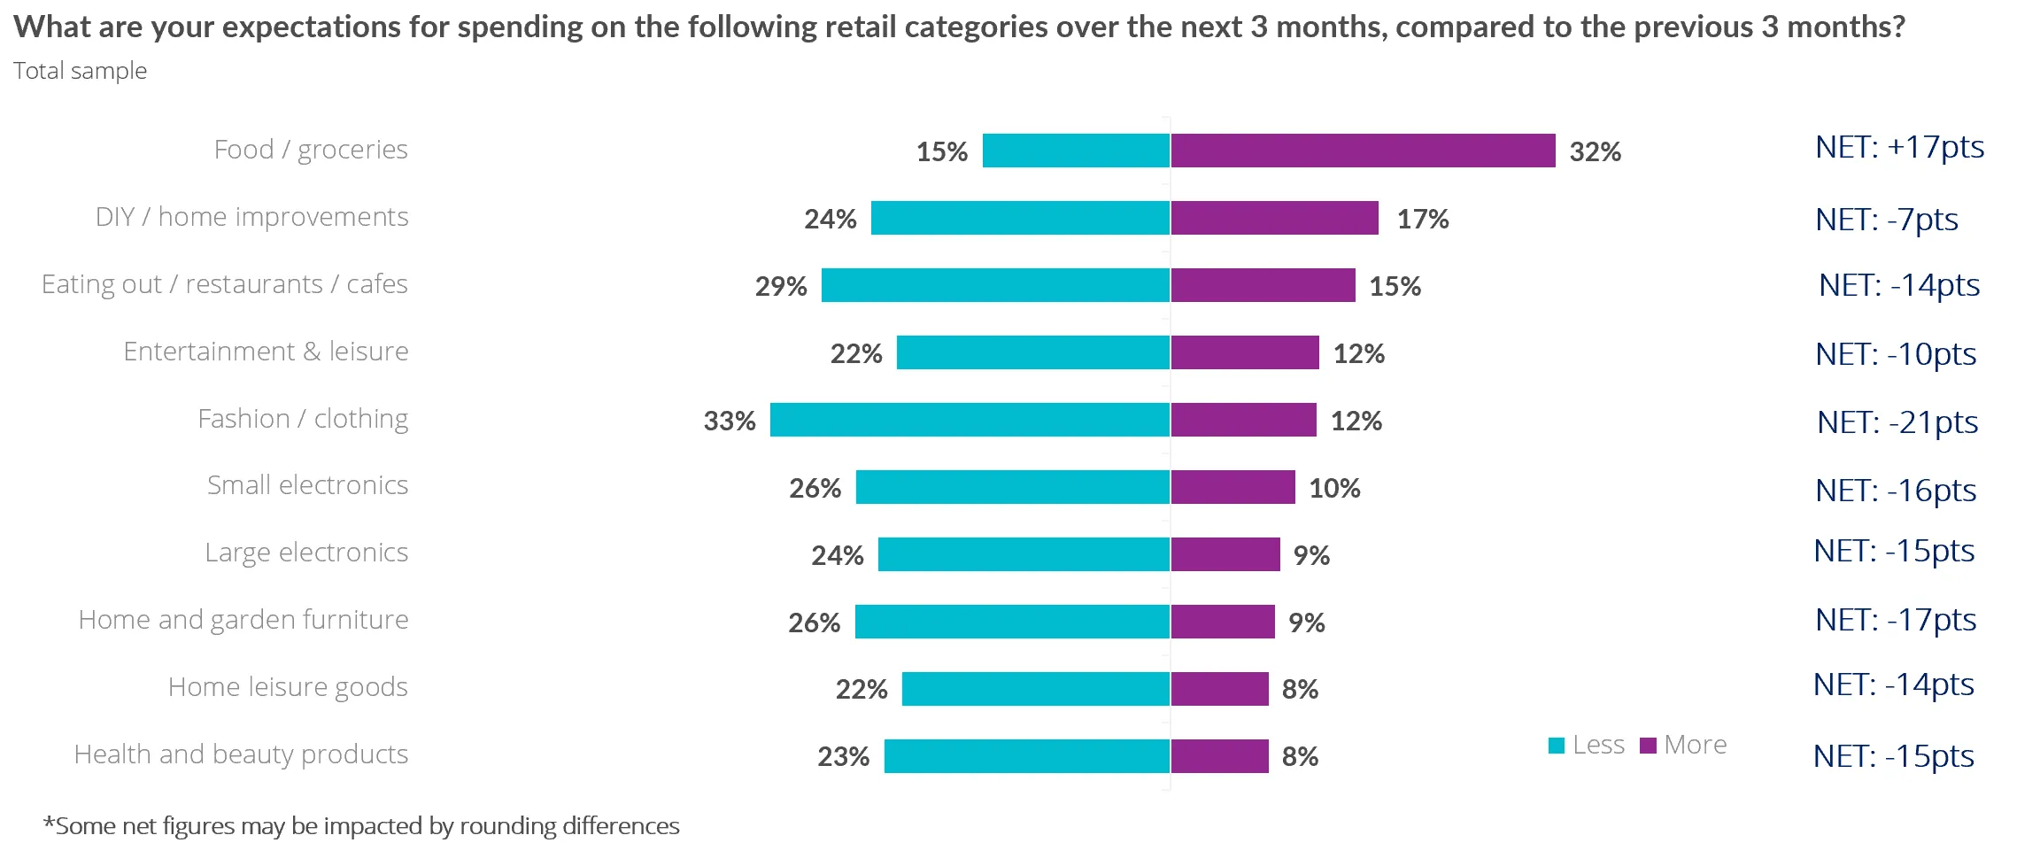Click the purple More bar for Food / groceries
pyautogui.click(x=1363, y=151)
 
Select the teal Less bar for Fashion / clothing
pyautogui.click(x=970, y=420)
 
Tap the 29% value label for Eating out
pyautogui.click(x=780, y=286)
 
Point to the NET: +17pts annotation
pyautogui.click(x=1899, y=147)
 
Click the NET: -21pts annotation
pyautogui.click(x=1897, y=422)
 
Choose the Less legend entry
pyautogui.click(x=1587, y=745)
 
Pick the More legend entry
pyautogui.click(x=1683, y=745)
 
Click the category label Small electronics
pyautogui.click(x=307, y=485)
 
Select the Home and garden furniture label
pyautogui.click(x=243, y=620)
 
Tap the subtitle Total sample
pyautogui.click(x=80, y=71)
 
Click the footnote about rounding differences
pyautogui.click(x=361, y=825)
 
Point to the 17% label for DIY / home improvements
pyautogui.click(x=1422, y=219)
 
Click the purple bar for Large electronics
pyautogui.click(x=1225, y=554)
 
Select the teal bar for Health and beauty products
pyautogui.click(x=1027, y=756)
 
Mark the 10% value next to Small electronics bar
pyautogui.click(x=1333, y=488)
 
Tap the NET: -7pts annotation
pyautogui.click(x=1886, y=220)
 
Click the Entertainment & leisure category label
pyautogui.click(x=266, y=352)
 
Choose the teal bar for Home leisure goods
pyautogui.click(x=1036, y=689)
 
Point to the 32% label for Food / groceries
pyautogui.click(x=1595, y=151)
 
